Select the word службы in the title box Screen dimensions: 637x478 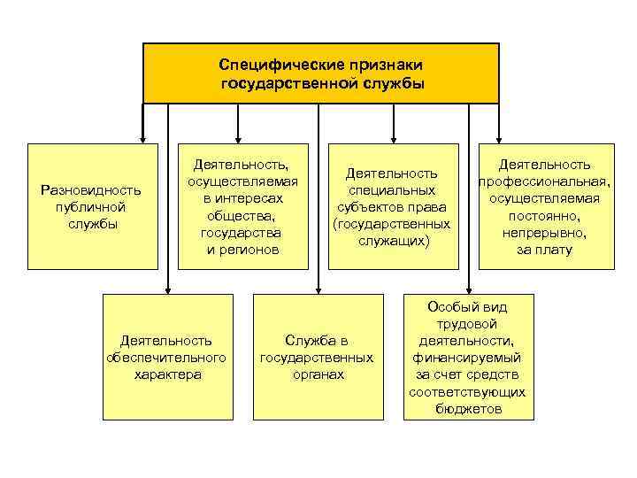pos(391,84)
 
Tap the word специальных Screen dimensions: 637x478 pos(391,190)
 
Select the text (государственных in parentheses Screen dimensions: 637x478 pos(391,224)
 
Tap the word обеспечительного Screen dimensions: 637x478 pos(166,357)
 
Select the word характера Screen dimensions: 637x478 pos(166,374)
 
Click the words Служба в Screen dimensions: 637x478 pos(317,340)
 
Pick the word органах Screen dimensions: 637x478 pos(317,374)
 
